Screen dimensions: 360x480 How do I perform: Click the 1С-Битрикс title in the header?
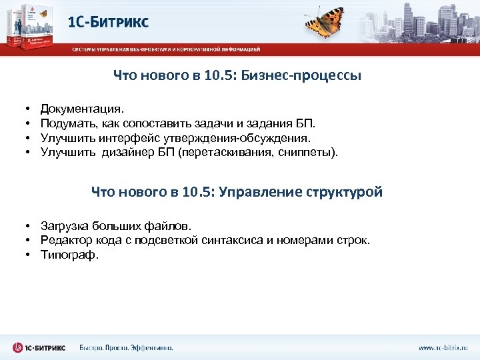click(x=109, y=22)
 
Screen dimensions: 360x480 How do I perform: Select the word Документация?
click(x=82, y=107)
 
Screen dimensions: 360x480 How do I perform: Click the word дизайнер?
click(x=129, y=153)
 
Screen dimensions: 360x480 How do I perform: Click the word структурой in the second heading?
click(x=345, y=193)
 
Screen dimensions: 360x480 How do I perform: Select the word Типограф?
click(x=69, y=254)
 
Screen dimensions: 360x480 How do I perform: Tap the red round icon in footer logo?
click(x=18, y=347)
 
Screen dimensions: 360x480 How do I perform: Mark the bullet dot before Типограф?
click(x=31, y=255)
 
